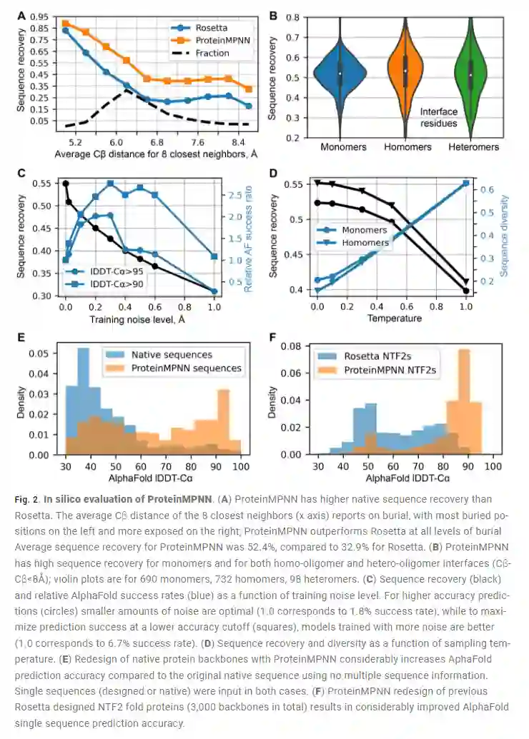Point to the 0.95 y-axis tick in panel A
[40, 16]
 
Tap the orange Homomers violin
[405, 71]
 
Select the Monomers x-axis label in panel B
[340, 147]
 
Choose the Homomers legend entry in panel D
[365, 243]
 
